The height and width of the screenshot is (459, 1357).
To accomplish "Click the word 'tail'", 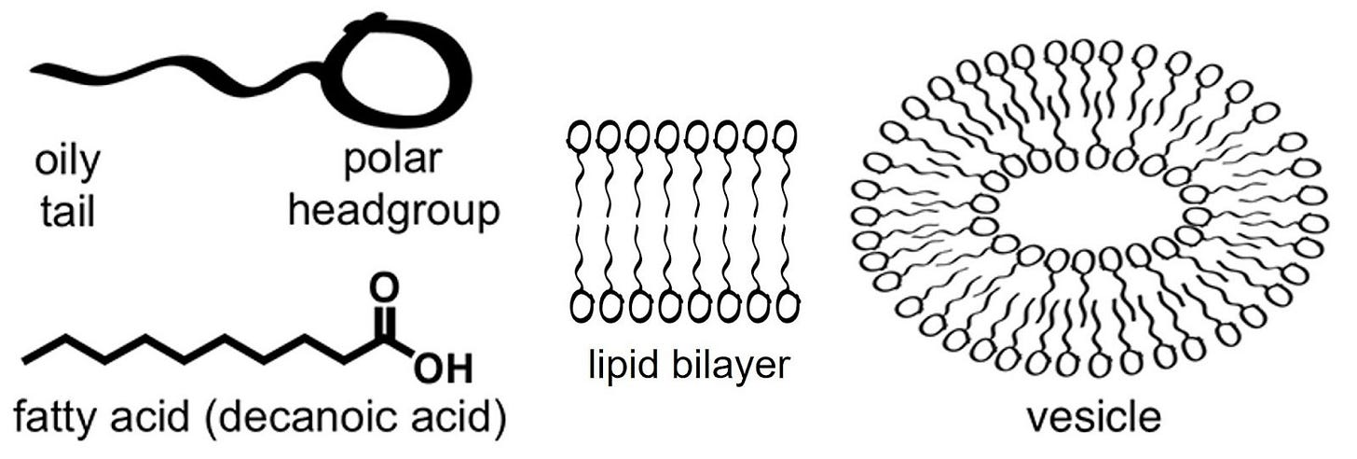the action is [67, 213].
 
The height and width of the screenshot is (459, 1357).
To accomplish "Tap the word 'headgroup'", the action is [393, 213].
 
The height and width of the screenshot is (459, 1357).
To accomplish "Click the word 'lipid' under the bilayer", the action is [620, 367].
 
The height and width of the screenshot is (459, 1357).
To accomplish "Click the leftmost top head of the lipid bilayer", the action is [580, 137].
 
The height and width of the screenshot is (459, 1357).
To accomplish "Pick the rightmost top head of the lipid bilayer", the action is [787, 137].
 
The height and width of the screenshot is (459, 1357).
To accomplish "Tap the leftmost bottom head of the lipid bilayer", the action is [580, 306].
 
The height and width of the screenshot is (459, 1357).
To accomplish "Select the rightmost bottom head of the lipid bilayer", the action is [787, 306].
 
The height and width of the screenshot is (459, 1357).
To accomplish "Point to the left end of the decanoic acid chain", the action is [26, 358].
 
